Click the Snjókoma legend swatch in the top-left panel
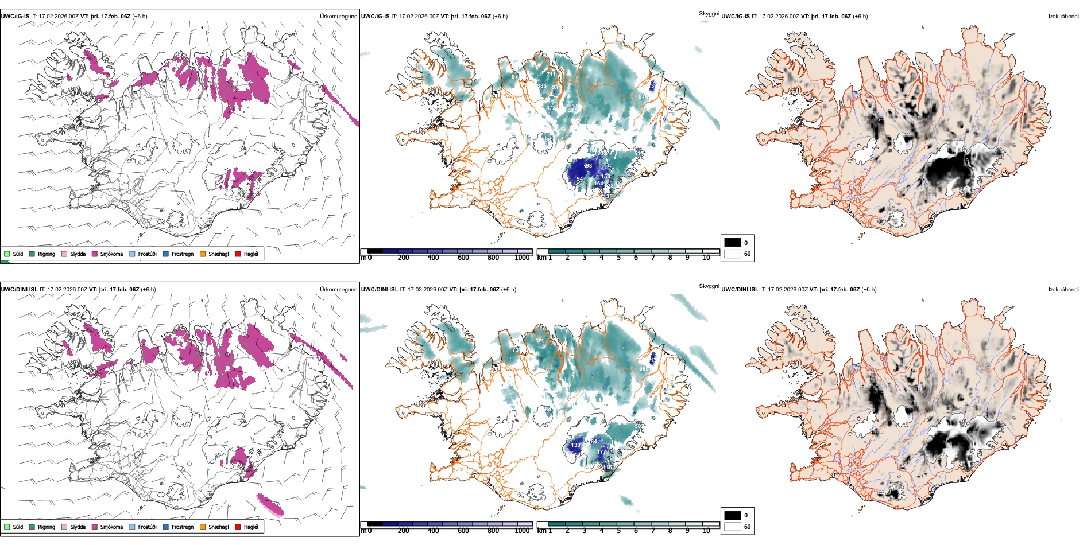95,254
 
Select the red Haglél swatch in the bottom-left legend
238,527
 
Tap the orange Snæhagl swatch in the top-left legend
203,254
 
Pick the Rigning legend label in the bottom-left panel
47,527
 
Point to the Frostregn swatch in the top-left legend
166,254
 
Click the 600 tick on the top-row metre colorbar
463,258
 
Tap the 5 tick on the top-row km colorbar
618,258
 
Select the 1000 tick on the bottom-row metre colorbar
522,531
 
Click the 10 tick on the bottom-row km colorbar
706,531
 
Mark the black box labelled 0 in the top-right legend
733,243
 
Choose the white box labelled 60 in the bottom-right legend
733,527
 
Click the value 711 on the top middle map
551,75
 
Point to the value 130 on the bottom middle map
575,445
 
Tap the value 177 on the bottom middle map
601,452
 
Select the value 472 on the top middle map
551,108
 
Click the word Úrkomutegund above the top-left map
339,17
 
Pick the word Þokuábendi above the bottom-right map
1063,290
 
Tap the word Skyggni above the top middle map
709,13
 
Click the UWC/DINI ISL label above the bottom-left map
19,290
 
